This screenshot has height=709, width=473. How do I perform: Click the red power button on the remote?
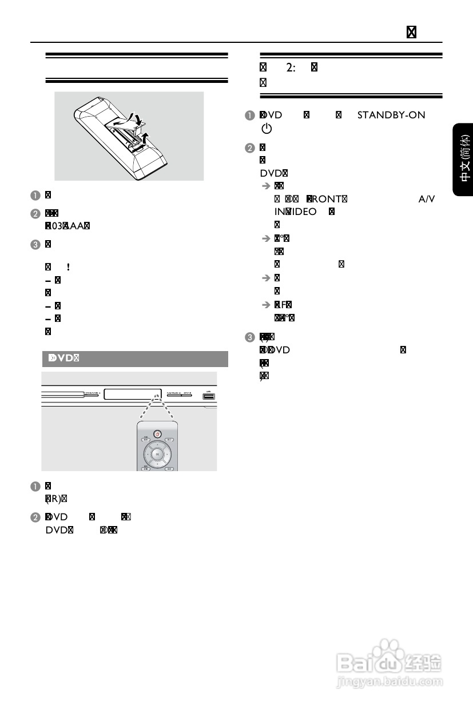pos(158,433)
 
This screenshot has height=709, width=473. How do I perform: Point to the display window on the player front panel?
pos(129,393)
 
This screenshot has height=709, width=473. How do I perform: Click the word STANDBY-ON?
pos(391,115)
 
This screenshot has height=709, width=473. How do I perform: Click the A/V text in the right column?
pos(426,198)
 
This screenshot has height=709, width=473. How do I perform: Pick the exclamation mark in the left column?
pos(69,266)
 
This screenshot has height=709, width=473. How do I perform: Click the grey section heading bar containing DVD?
pos(135,359)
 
